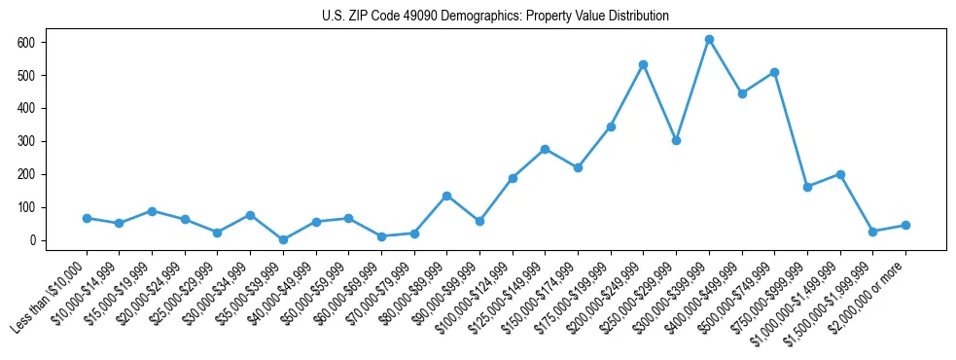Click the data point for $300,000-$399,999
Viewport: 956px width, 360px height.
(x=709, y=40)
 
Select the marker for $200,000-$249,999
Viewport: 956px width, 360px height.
(x=643, y=64)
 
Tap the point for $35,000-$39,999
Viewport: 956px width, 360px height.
(x=283, y=239)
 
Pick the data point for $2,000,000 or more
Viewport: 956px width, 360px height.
(x=905, y=225)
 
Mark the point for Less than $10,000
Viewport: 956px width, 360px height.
(x=87, y=218)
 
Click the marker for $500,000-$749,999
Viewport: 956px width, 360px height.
(x=774, y=72)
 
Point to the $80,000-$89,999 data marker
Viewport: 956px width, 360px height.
(x=446, y=196)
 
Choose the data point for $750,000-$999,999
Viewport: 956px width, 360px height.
(x=807, y=187)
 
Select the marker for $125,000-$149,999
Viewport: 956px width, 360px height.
(x=545, y=149)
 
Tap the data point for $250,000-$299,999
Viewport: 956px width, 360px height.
(x=676, y=140)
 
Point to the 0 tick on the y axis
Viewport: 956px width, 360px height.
(x=31, y=240)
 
